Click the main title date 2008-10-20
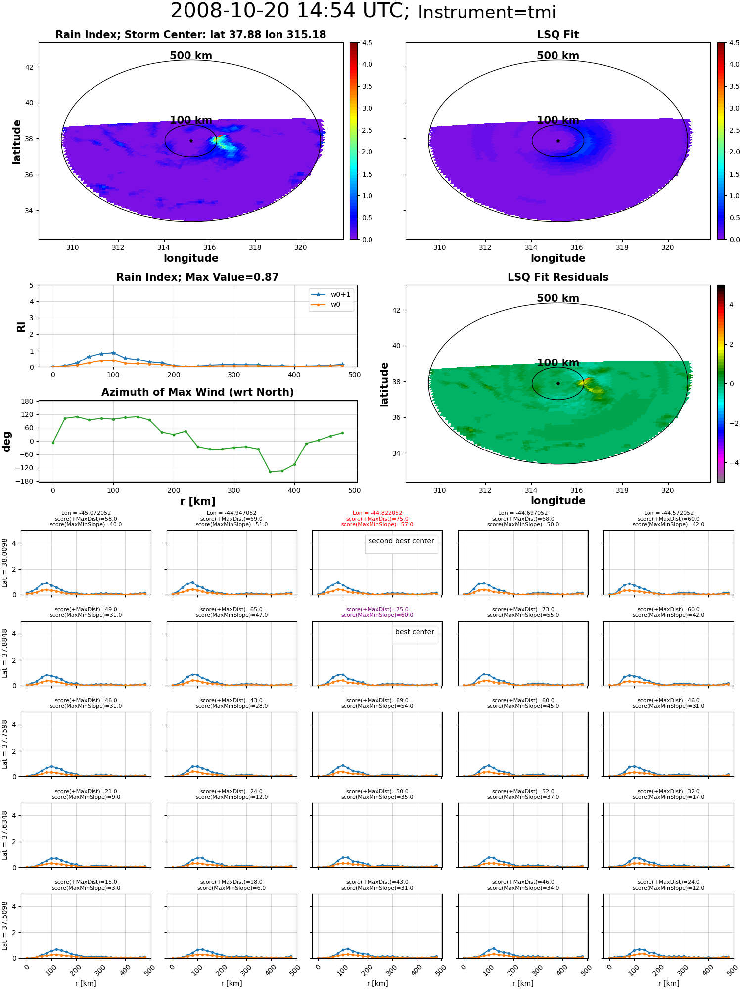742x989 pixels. pos(230,11)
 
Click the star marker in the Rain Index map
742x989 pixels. pos(191,141)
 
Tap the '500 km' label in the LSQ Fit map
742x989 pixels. pos(558,56)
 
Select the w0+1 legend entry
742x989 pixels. pos(331,294)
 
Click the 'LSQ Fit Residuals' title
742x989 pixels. pos(558,277)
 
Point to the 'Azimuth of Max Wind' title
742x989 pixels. pos(198,392)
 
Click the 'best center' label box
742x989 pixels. pos(415,632)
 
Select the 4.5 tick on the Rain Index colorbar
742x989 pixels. pos(367,43)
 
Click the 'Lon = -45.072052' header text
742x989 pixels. pos(86,513)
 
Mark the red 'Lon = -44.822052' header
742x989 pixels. pos(377,513)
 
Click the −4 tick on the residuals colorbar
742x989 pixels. pos(732,463)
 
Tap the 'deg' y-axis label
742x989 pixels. pos(6,442)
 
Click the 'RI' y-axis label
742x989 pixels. pos(21,327)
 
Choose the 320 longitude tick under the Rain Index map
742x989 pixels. pos(301,247)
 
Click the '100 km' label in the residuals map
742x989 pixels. pos(558,363)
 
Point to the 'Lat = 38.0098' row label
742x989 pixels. pos(5,563)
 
